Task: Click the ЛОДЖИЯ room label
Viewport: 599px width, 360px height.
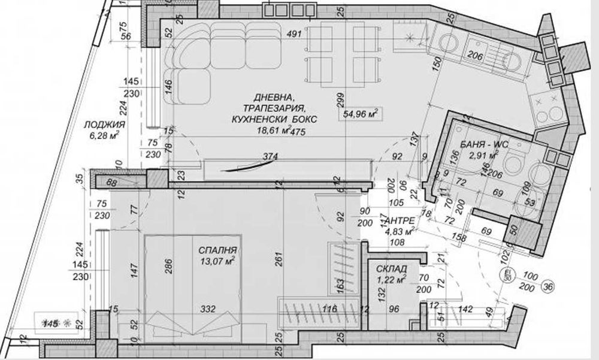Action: [x=104, y=125]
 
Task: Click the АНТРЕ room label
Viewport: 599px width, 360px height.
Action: [x=398, y=220]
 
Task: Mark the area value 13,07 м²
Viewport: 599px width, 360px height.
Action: [x=217, y=261]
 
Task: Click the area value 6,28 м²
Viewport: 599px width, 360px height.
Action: [x=104, y=136]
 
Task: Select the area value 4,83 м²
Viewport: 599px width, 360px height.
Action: [x=401, y=230]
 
